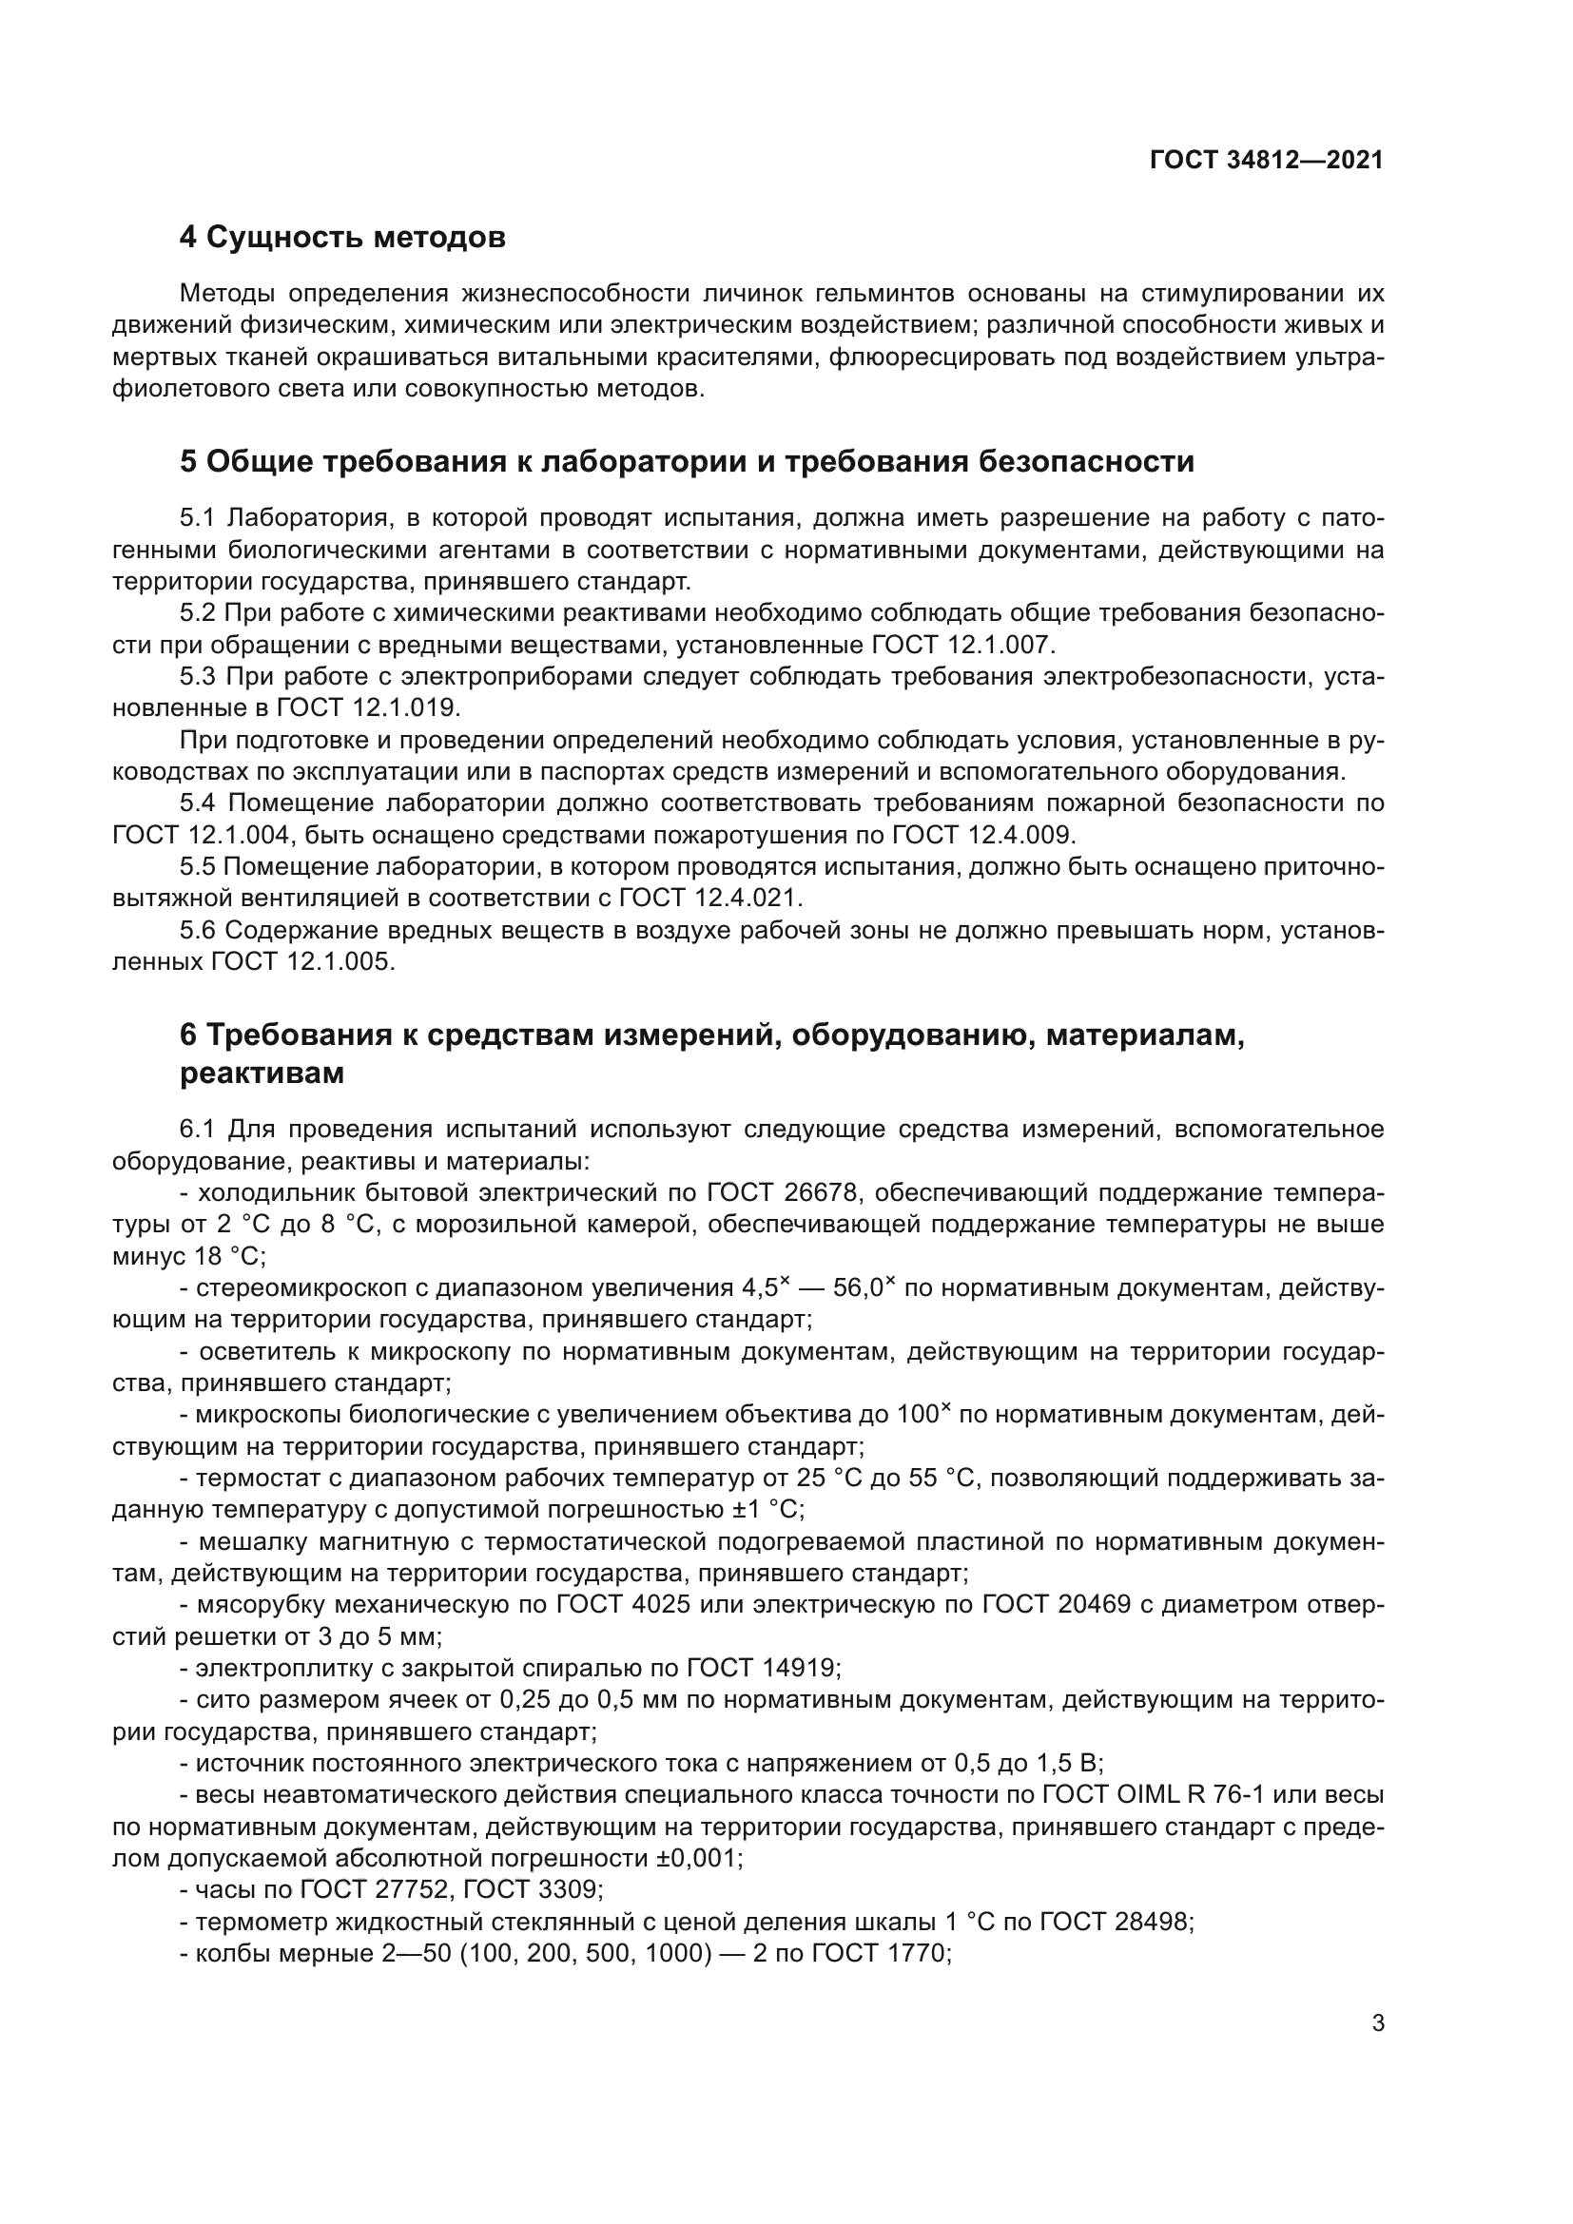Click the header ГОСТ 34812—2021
[x=1266, y=160]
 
